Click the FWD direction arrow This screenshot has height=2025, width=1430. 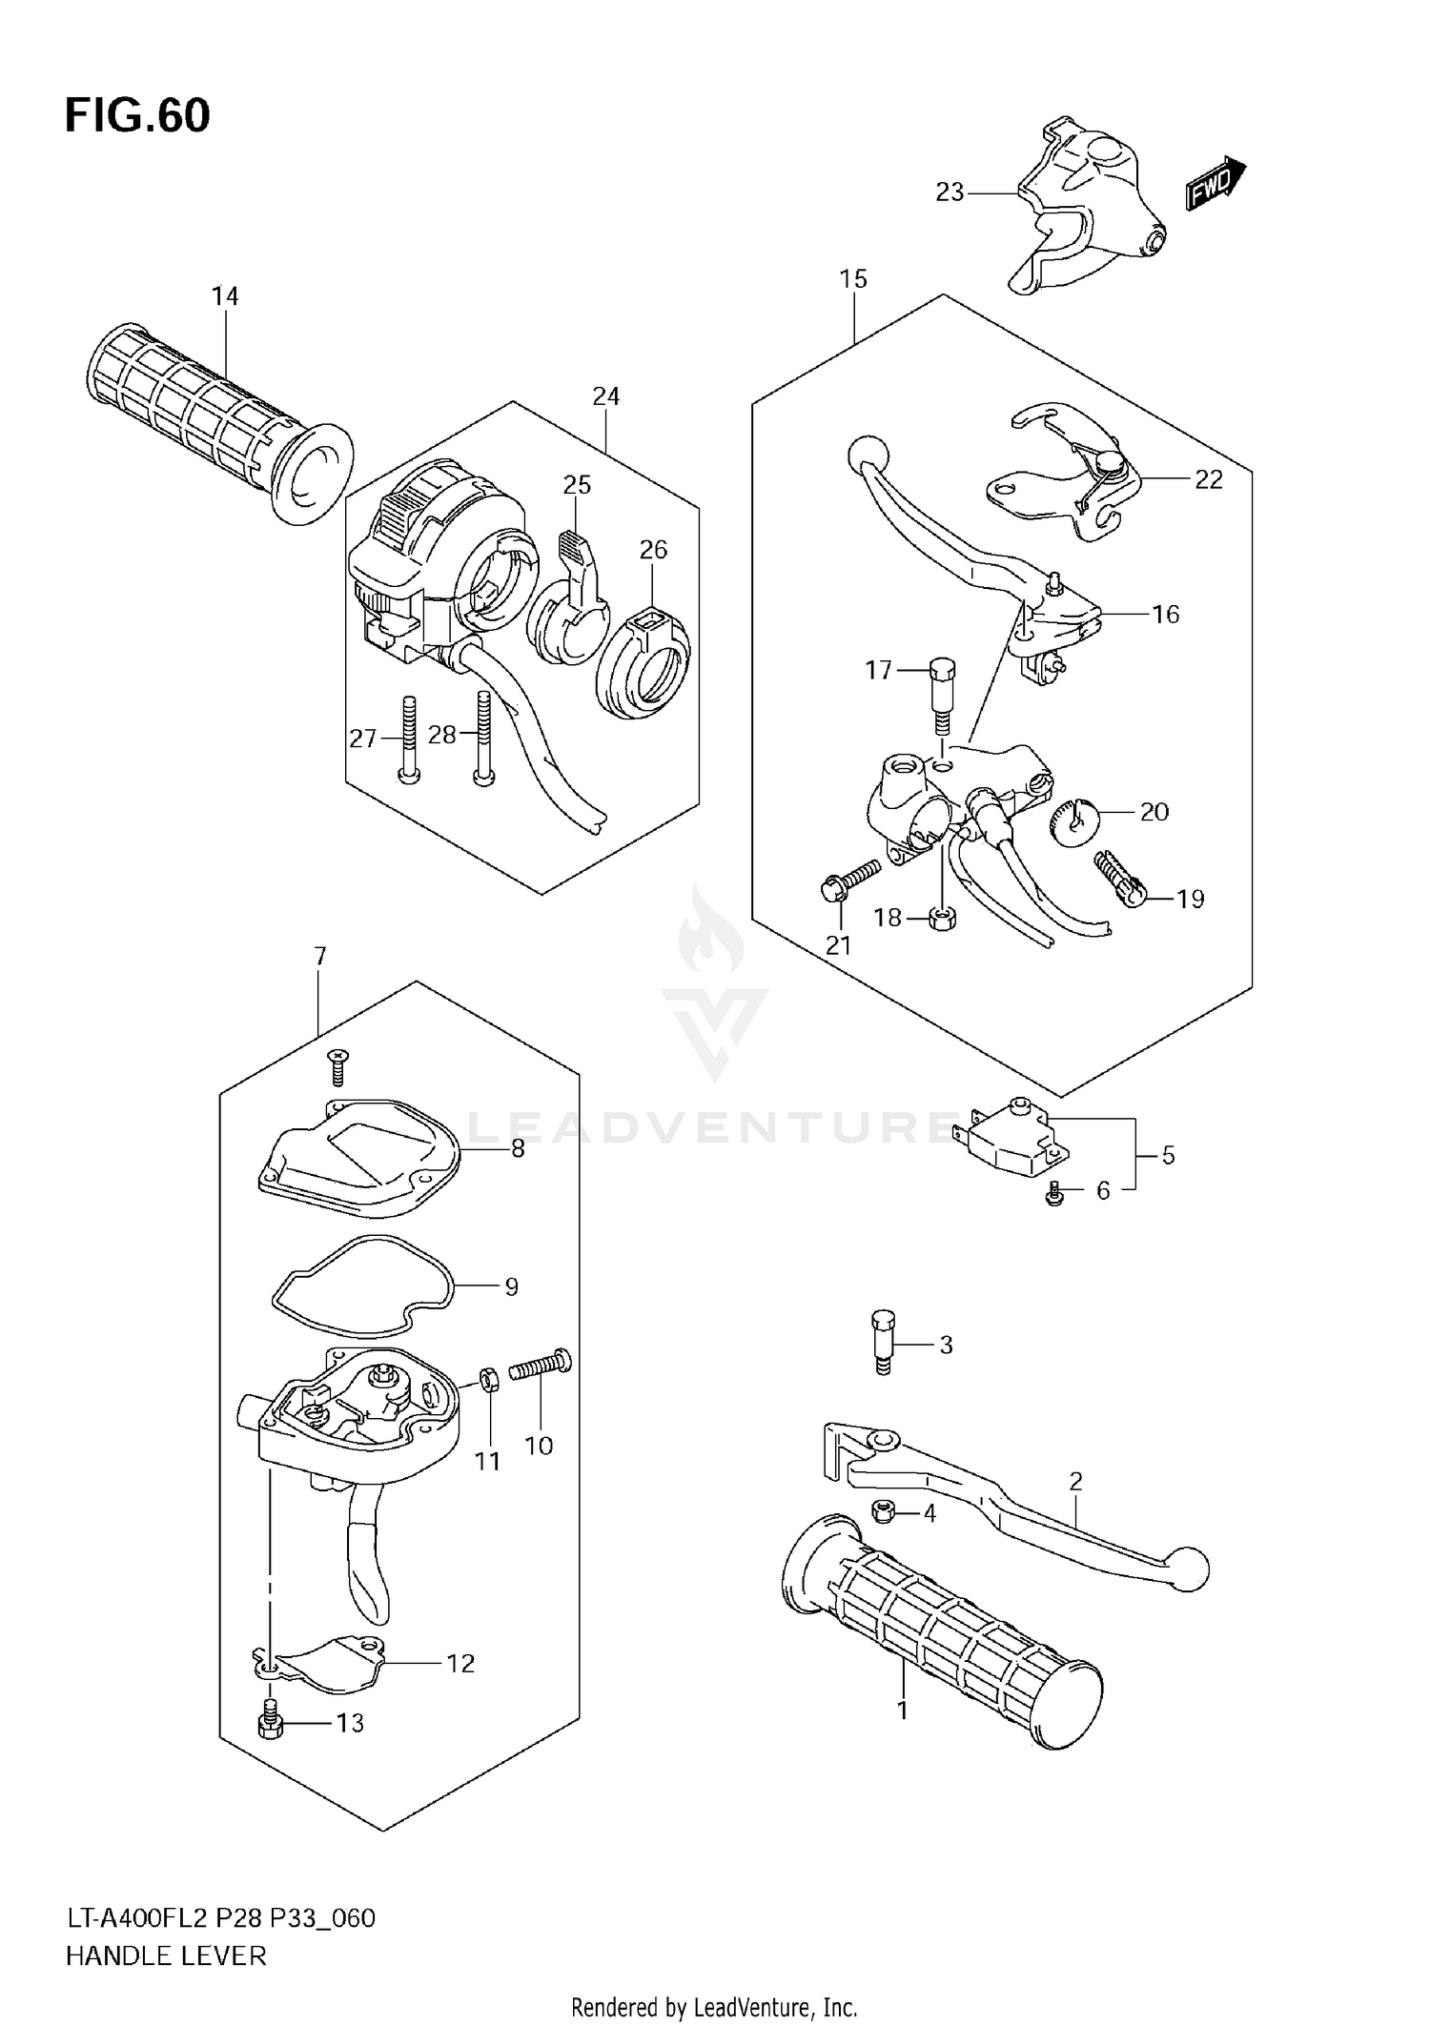1215,183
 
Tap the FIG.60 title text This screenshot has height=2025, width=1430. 137,116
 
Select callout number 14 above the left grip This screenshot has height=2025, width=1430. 225,296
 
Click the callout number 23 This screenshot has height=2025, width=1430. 950,192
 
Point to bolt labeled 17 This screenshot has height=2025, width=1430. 940,696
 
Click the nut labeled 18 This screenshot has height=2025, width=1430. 942,920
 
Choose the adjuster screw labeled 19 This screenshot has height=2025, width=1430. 1119,878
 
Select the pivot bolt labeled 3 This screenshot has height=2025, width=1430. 883,1344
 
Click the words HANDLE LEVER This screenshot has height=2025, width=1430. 166,1955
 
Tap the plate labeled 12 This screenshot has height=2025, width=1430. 324,1665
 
